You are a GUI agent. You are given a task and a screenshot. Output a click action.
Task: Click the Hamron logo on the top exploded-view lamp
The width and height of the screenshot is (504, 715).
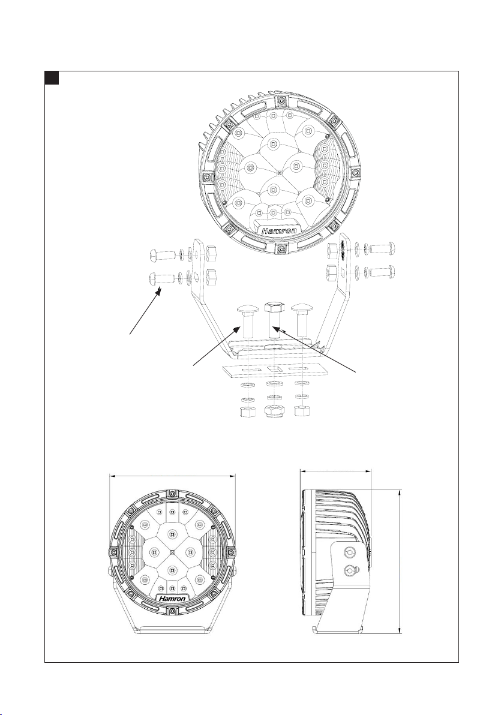[279, 231]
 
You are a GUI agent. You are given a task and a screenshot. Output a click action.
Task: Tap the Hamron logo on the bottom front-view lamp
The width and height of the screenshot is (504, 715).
[172, 599]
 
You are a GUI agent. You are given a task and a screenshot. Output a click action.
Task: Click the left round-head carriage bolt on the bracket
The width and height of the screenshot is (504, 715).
[247, 322]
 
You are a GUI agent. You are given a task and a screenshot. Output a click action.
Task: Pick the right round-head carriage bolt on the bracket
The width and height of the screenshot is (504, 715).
[301, 322]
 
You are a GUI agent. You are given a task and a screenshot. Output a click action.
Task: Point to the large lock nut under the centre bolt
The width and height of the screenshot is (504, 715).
[275, 410]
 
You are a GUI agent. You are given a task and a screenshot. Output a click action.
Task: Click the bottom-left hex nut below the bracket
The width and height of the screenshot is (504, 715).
[247, 412]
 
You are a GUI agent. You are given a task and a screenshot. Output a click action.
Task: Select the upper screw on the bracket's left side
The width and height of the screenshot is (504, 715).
[162, 254]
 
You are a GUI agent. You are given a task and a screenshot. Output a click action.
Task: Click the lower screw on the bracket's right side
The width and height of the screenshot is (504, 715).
[382, 273]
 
